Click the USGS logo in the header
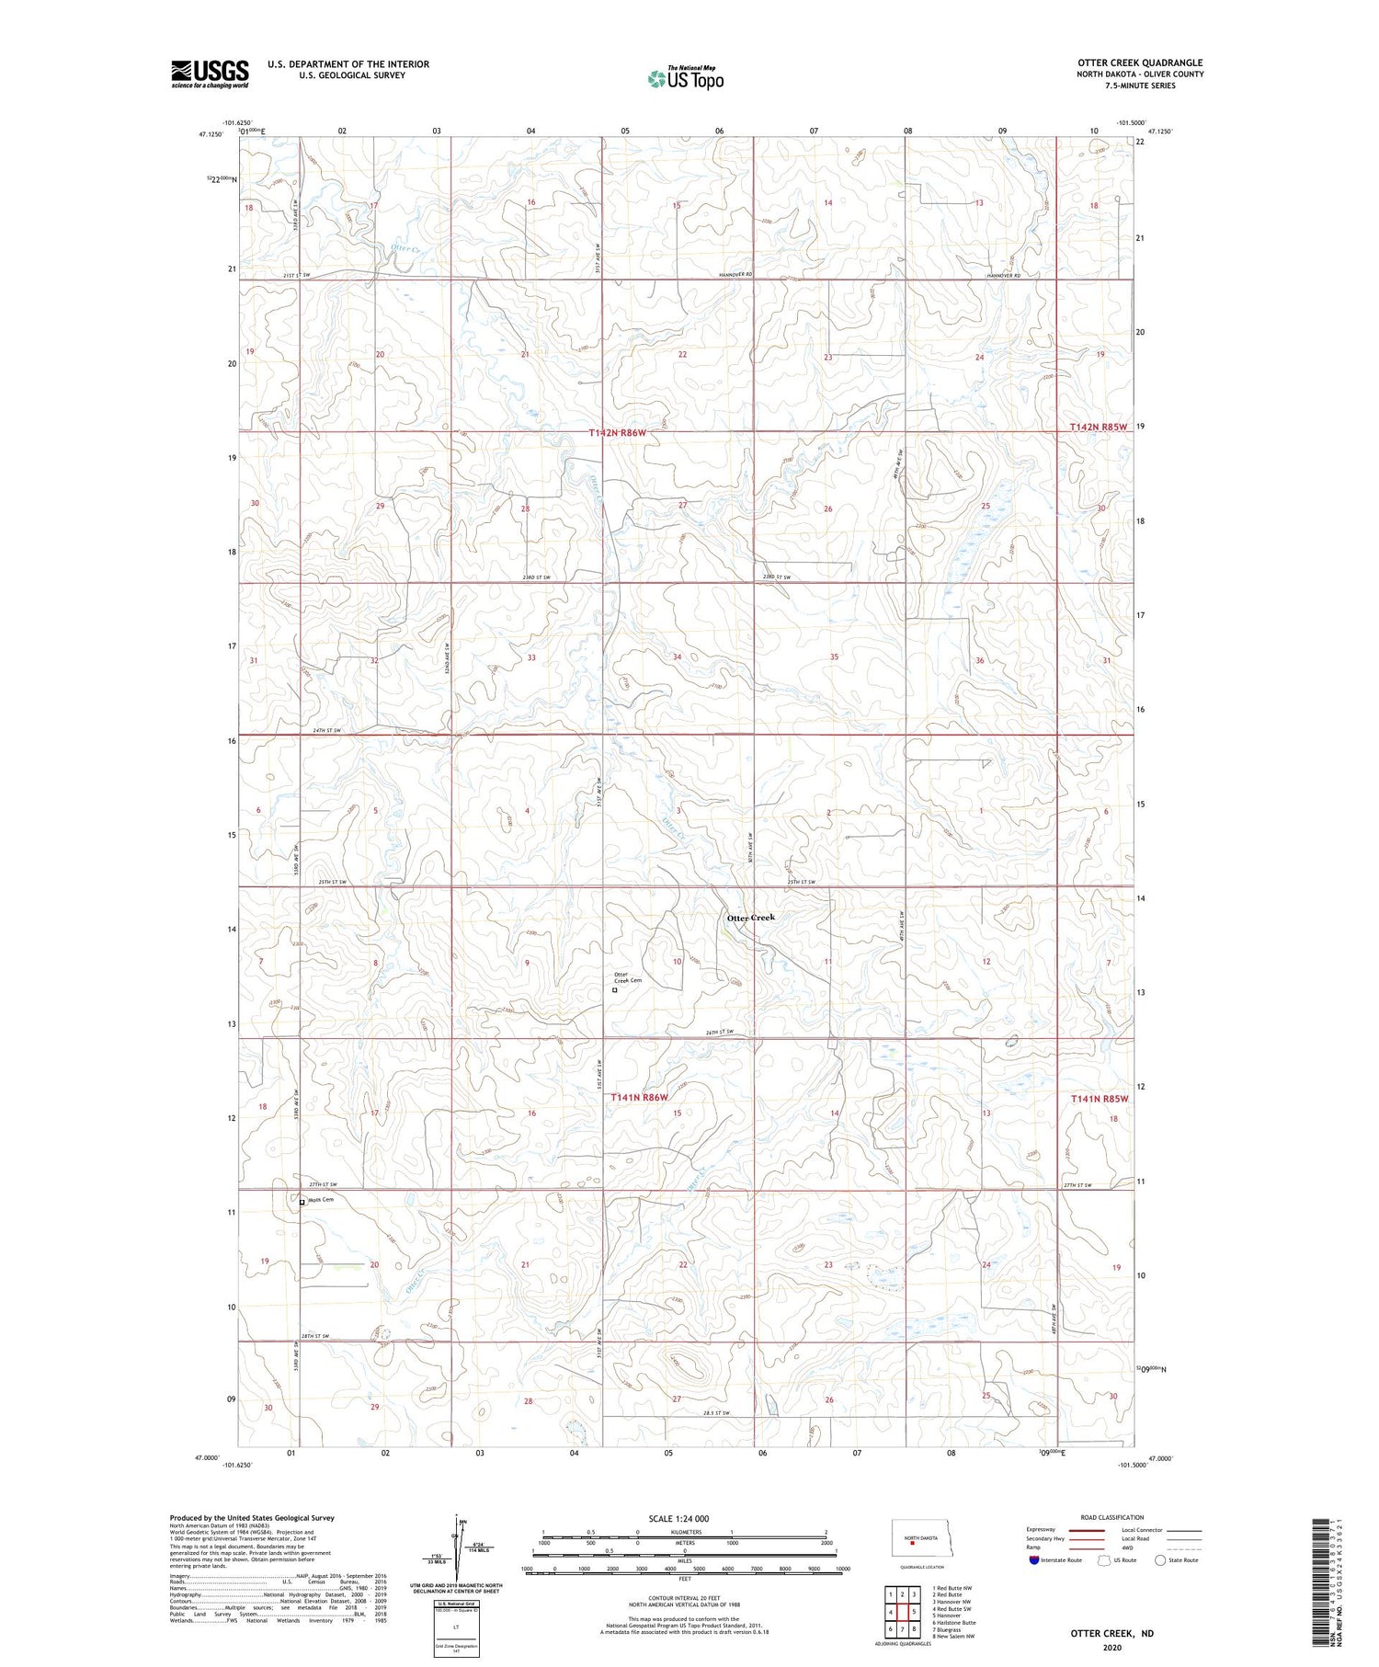tap(210, 74)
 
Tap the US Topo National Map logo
tap(685, 79)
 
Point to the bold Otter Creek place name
tap(751, 918)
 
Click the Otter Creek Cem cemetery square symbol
tap(615, 990)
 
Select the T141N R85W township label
tap(1099, 1099)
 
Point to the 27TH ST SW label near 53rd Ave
tap(323, 1184)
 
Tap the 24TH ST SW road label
tap(326, 730)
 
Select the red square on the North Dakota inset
tap(912, 1545)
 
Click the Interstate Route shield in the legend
tap(1034, 1560)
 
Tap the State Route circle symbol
tap(1160, 1560)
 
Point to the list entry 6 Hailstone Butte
tap(953, 1622)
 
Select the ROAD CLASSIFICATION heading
tap(1112, 1517)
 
